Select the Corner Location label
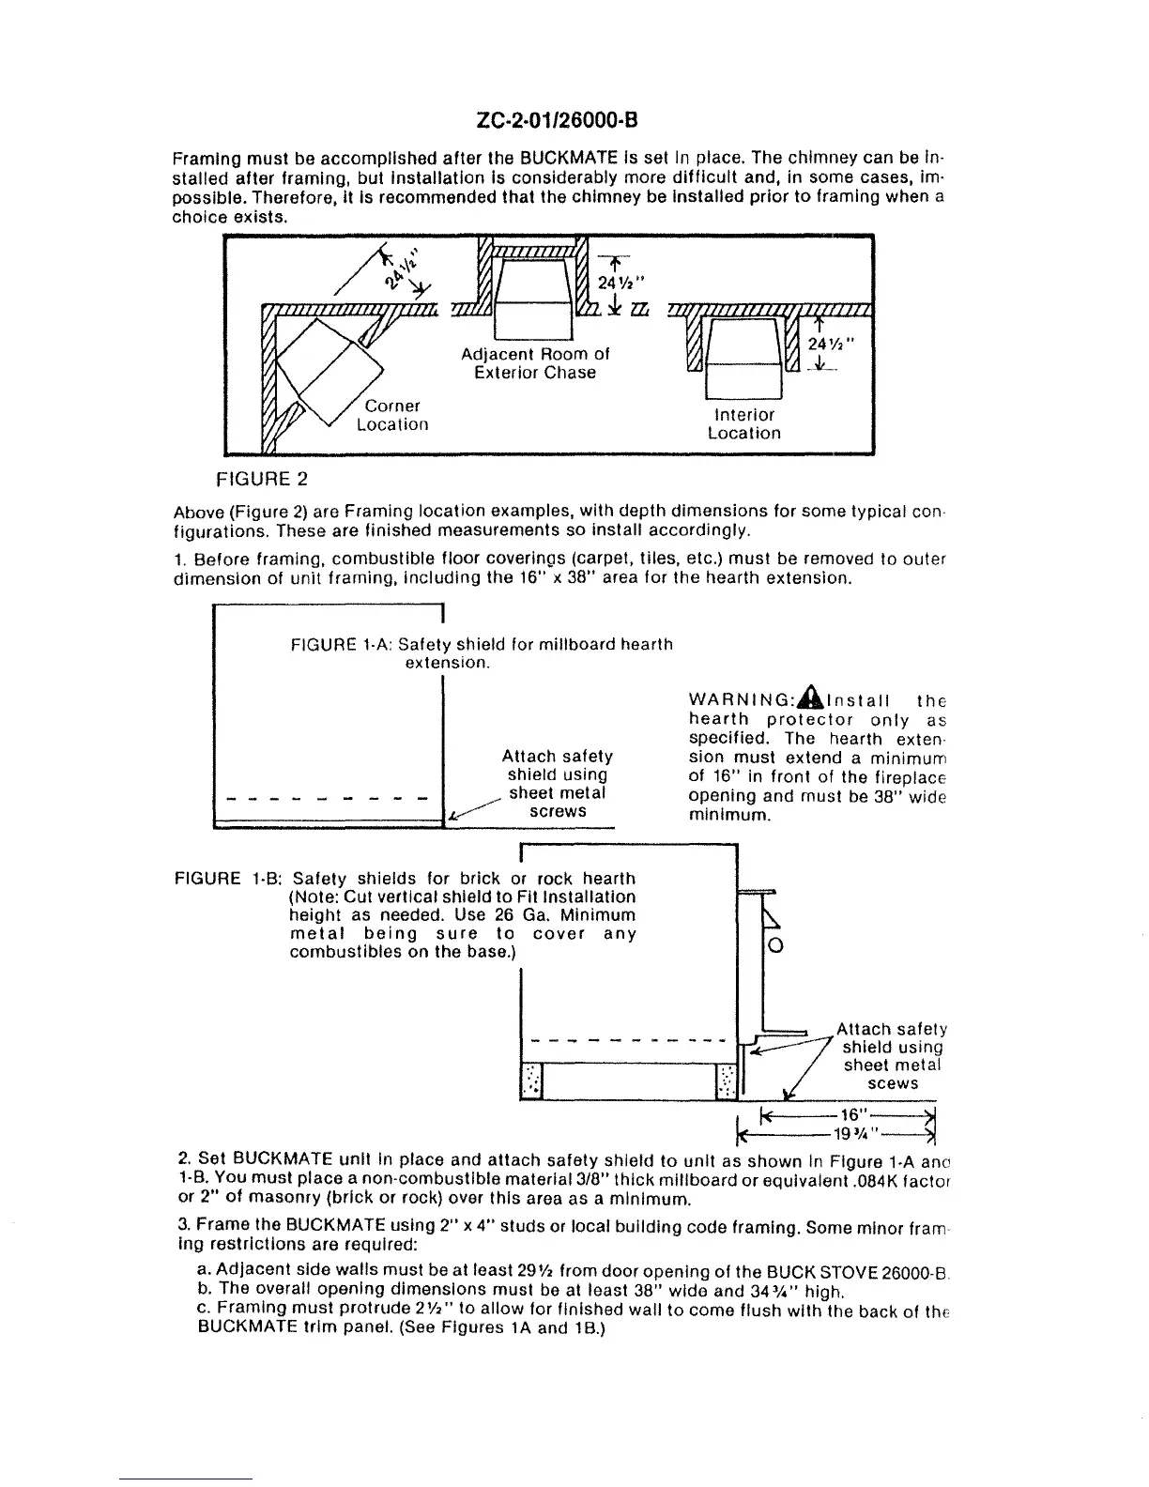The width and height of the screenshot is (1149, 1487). [392, 415]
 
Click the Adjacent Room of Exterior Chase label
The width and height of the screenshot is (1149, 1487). [535, 363]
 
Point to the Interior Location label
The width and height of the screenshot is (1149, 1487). [744, 423]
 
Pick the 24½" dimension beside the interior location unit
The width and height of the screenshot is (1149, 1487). [830, 344]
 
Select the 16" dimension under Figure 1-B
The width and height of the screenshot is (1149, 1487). [851, 1115]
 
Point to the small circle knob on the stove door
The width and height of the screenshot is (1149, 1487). [775, 945]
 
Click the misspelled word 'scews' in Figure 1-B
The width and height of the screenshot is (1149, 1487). [893, 1083]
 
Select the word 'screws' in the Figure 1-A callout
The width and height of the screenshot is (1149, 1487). [558, 811]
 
